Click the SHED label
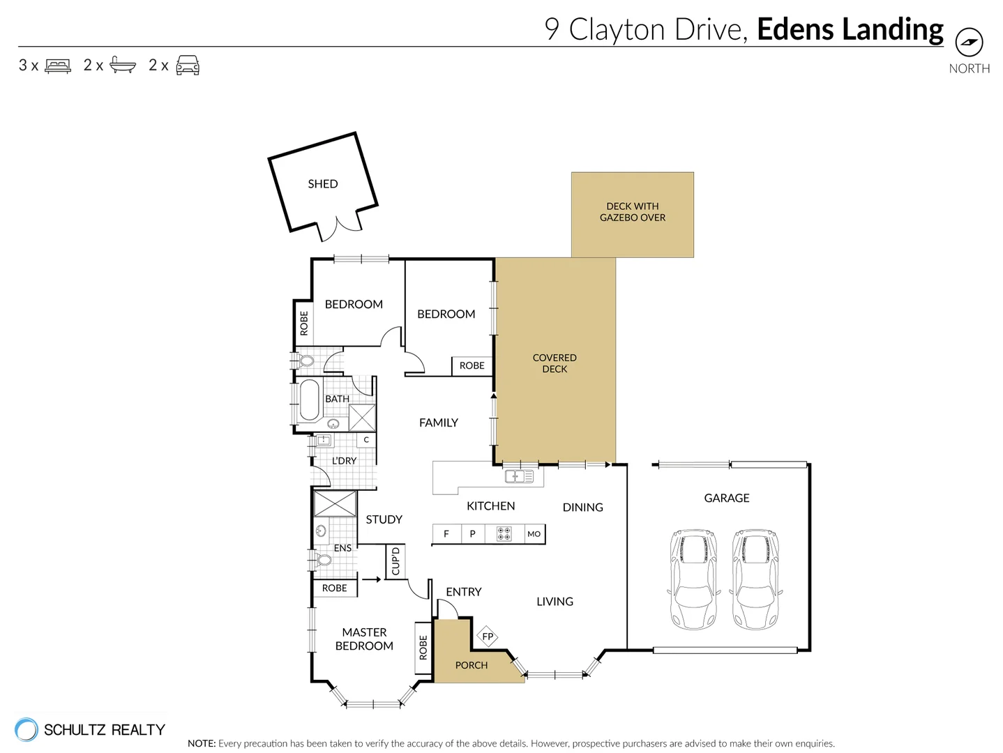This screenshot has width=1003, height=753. pos(322,184)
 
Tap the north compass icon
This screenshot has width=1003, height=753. pos(968,43)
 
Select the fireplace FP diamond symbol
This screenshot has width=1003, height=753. pos(488,636)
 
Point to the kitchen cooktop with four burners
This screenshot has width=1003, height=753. pos(504,534)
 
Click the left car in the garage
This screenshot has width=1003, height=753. pos(693,579)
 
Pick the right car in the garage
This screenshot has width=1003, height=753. pos(755,579)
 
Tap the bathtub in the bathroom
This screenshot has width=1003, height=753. pos(308,400)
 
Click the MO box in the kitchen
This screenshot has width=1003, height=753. pos(534,534)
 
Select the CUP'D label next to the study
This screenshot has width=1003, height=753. pos(395,561)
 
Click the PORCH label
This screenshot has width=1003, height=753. pos(472,665)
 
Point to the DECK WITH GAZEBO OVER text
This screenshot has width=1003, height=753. pos(632,212)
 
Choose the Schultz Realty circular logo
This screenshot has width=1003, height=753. pos(27,729)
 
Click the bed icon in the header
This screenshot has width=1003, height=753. pos(58,66)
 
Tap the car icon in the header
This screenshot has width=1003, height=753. pos(188,66)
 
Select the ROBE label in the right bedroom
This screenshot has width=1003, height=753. pos(472,365)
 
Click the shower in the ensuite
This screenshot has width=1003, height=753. pos(335,503)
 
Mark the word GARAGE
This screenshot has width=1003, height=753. pos(726,498)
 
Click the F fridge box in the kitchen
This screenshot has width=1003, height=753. pos(446,534)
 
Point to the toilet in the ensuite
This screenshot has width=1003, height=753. pos(322,559)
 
